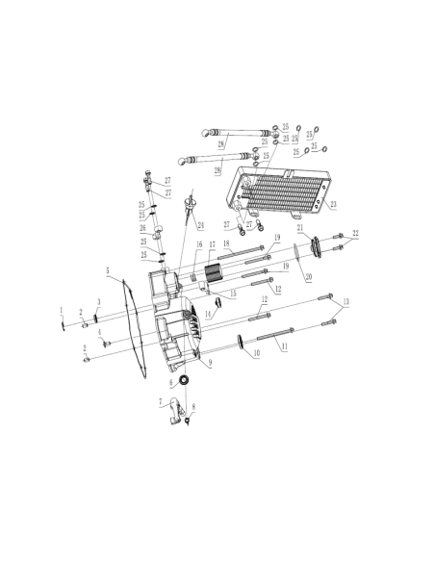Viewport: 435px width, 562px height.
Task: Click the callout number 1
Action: click(62, 310)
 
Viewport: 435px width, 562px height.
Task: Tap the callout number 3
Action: click(99, 302)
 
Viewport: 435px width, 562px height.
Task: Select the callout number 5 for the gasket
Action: click(108, 270)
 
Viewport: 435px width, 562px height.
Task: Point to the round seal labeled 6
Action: click(185, 380)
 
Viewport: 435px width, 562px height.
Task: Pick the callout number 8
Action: click(193, 407)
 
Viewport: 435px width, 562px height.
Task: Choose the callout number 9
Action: click(211, 364)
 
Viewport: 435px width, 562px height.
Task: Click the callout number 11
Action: click(285, 346)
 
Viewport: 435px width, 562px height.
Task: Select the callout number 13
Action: click(345, 301)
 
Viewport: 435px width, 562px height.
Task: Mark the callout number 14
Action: click(208, 314)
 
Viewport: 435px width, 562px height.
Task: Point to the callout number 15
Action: click(233, 294)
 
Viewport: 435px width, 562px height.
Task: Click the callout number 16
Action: click(199, 244)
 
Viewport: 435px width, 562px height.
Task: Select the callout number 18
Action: click(226, 243)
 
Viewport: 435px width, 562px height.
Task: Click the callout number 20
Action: click(309, 277)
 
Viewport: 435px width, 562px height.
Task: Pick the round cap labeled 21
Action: click(316, 246)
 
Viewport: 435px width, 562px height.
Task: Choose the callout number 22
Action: click(355, 233)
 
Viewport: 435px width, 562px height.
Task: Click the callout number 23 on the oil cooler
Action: click(333, 205)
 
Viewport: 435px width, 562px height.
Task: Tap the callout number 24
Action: click(201, 225)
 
